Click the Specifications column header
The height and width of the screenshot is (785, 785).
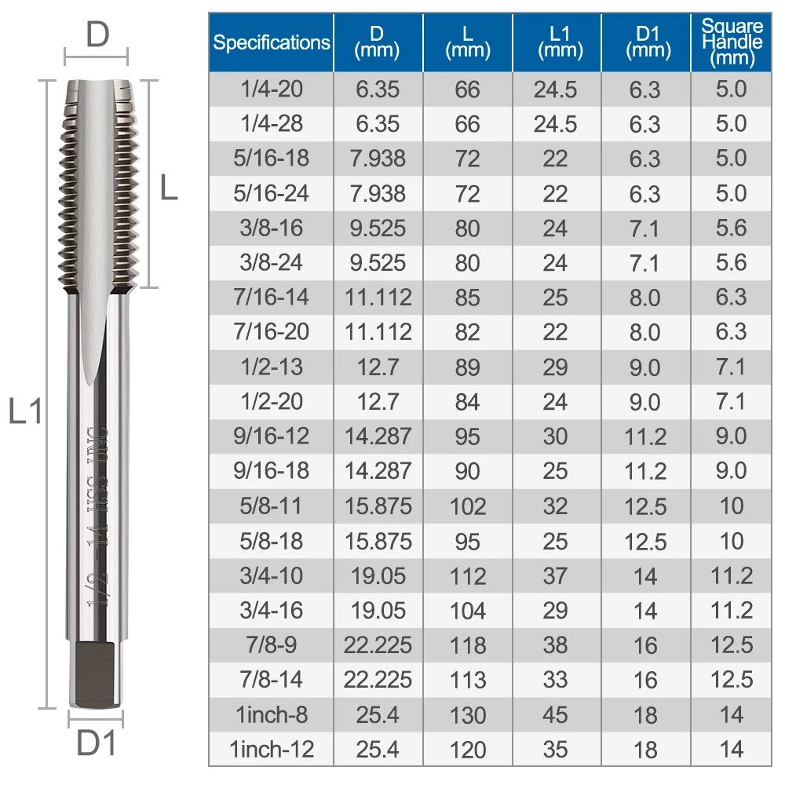point(271,42)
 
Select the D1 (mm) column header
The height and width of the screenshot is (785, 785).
point(644,42)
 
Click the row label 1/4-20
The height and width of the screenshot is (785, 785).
point(271,89)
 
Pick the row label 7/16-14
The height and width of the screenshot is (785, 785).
point(271,298)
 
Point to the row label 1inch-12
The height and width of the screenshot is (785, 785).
point(271,749)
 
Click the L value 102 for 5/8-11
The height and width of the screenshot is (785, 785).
point(468,506)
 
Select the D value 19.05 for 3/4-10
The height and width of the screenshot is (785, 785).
point(378,576)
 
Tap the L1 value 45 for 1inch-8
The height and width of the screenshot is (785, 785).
point(555,715)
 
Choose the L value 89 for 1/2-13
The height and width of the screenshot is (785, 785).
point(468,367)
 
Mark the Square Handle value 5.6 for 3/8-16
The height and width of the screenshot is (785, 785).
point(732,228)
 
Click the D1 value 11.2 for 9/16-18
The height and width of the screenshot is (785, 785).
point(644,471)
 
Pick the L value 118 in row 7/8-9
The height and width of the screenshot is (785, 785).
point(468,645)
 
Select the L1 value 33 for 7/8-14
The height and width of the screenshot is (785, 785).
point(555,680)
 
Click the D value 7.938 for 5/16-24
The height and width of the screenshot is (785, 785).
point(378,193)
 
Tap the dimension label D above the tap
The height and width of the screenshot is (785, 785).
point(97,35)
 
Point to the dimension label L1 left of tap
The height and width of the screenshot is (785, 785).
point(25,411)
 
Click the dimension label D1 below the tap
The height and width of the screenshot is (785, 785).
point(96,743)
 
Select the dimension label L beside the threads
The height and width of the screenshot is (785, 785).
point(169,189)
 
